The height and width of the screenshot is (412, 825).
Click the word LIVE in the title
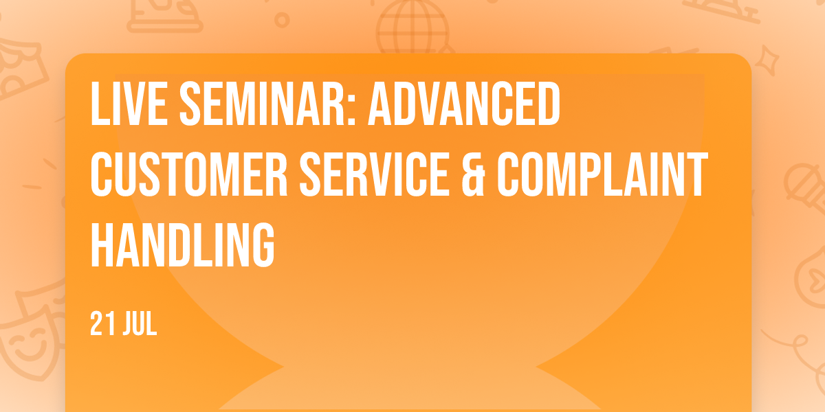129,103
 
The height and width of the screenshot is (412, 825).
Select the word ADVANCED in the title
464,103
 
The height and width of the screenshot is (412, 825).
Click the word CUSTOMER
189,174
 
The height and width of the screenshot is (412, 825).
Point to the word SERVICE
375,174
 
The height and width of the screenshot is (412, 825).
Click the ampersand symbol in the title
473,174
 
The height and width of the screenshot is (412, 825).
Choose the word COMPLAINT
602,174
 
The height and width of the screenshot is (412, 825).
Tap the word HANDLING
182,244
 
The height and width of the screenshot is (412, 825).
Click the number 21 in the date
101,323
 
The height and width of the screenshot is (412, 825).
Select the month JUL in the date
140,323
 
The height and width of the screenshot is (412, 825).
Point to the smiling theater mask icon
30,346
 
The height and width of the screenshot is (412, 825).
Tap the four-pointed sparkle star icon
767,60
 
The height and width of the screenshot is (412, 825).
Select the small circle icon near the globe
282,20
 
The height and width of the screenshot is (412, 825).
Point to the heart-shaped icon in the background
812,279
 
